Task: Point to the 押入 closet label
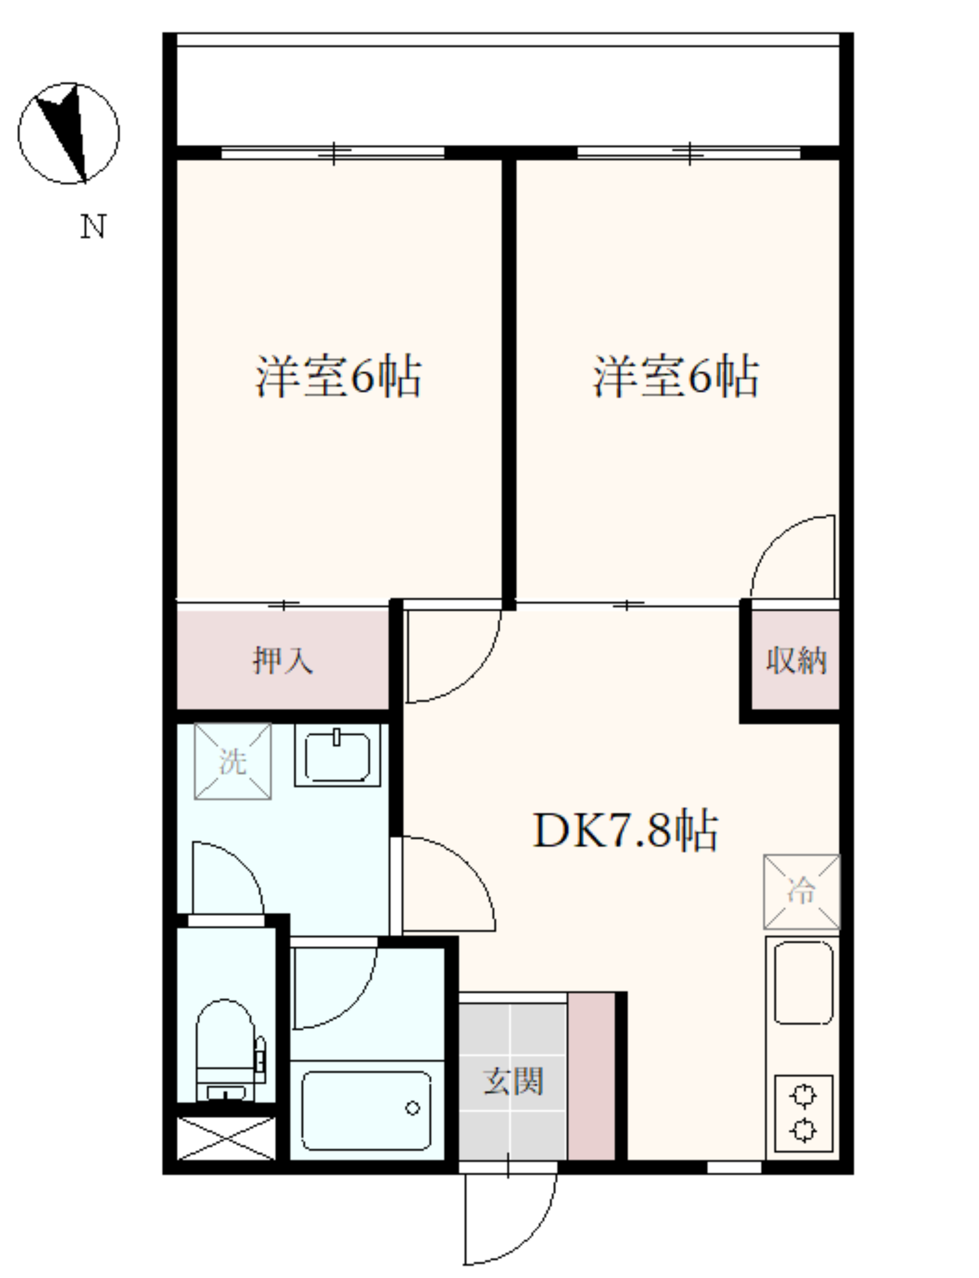point(283,660)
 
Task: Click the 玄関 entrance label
point(513,1081)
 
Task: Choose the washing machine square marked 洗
point(233,761)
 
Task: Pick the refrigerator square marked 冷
point(801,892)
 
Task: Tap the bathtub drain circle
point(413,1108)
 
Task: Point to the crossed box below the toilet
point(226,1138)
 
